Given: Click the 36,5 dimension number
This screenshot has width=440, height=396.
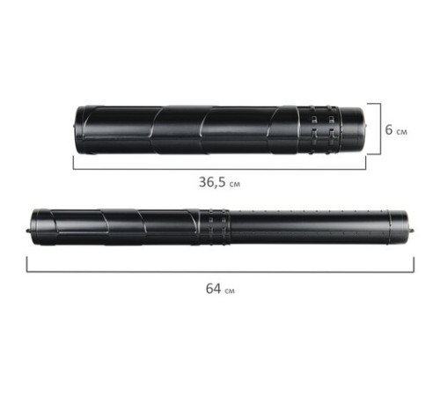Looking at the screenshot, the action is pyautogui.click(x=212, y=182).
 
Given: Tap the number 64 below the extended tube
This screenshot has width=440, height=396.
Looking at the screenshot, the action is pyautogui.click(x=213, y=289).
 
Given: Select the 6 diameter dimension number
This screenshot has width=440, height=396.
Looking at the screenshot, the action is pyautogui.click(x=389, y=129).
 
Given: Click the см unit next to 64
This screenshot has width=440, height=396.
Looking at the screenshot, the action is pyautogui.click(x=230, y=290).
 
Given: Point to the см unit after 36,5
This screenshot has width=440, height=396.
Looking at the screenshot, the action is pyautogui.click(x=235, y=184).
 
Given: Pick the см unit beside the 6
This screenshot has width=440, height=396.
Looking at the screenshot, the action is pyautogui.click(x=402, y=132).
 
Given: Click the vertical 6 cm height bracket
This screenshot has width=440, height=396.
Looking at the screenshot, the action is pyautogui.click(x=380, y=128).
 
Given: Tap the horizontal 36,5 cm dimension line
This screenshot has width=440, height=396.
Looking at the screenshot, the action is pyautogui.click(x=219, y=169).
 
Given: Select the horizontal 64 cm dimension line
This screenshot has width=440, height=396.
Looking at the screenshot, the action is pyautogui.click(x=221, y=272).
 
